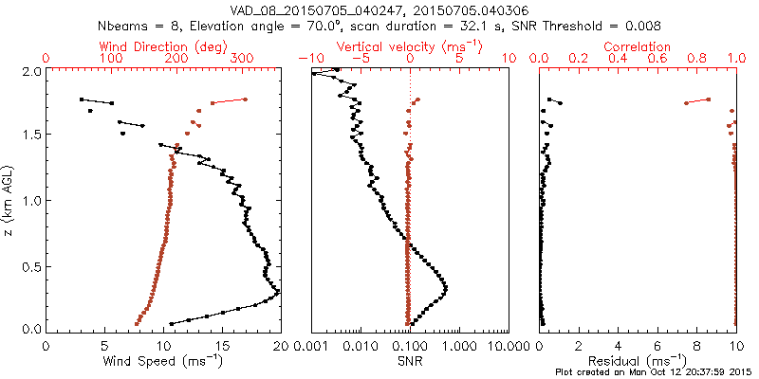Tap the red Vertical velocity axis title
tap(410, 46)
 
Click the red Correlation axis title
tap(638, 46)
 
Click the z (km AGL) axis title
tap(10, 200)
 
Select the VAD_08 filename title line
tap(410, 10)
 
